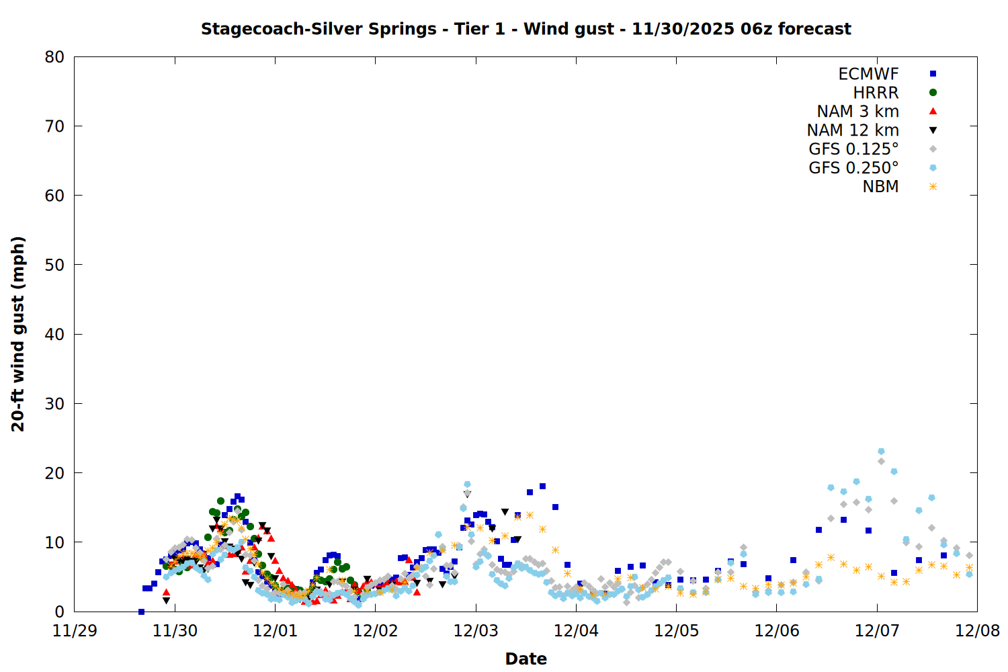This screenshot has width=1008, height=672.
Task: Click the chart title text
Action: pyautogui.click(x=526, y=29)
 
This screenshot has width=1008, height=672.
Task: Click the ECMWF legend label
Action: pyautogui.click(x=868, y=74)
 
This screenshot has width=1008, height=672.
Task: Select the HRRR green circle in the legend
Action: pyautogui.click(x=933, y=93)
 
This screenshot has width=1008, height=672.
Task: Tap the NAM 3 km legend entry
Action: pyautogui.click(x=857, y=112)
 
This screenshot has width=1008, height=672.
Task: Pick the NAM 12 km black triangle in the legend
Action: pyautogui.click(x=933, y=130)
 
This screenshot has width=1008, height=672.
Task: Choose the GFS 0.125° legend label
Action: pyautogui.click(x=853, y=149)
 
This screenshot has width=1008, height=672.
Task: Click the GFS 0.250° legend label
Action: pyautogui.click(x=853, y=168)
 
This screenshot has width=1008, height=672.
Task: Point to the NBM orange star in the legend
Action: pyautogui.click(x=933, y=187)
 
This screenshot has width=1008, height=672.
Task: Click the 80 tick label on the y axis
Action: pyautogui.click(x=54, y=57)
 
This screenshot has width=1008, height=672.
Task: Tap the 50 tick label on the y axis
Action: pyautogui.click(x=54, y=265)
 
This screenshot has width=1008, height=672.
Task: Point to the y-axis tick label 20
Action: pyautogui.click(x=54, y=473)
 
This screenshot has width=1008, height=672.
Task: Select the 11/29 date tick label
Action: pyautogui.click(x=75, y=631)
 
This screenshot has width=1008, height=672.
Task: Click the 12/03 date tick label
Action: pyautogui.click(x=476, y=631)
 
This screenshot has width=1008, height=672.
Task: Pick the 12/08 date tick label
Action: pyautogui.click(x=977, y=631)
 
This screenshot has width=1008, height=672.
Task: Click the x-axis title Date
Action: pyautogui.click(x=526, y=659)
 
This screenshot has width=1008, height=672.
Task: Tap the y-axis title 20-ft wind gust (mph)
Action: pyautogui.click(x=18, y=334)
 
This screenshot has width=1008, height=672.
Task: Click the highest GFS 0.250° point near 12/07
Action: pyautogui.click(x=881, y=452)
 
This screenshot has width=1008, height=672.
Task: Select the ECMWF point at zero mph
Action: pyautogui.click(x=141, y=612)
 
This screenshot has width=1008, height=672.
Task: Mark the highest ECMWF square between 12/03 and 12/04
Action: pyautogui.click(x=542, y=487)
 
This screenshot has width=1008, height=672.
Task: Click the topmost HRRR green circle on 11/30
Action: pyautogui.click(x=220, y=501)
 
